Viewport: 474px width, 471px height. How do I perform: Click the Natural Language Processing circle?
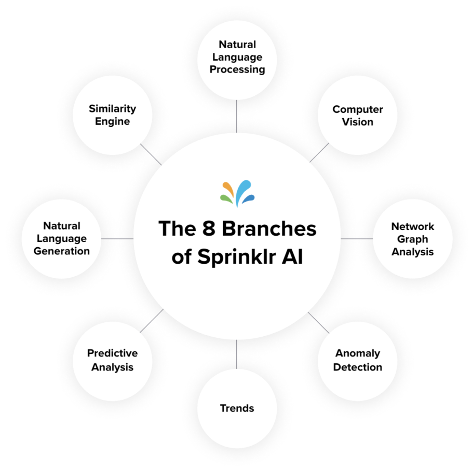pyautogui.click(x=237, y=58)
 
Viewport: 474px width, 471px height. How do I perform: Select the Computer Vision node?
pyautogui.click(x=358, y=116)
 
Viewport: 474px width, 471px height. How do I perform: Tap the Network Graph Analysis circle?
pyautogui.click(x=413, y=239)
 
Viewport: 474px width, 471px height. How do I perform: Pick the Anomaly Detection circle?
pyautogui.click(x=358, y=360)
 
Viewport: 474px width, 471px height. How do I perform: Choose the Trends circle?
pyautogui.click(x=237, y=408)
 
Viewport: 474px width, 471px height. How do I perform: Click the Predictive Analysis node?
pyautogui.click(x=112, y=360)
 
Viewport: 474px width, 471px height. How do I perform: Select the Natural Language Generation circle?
pyautogui.click(x=62, y=238)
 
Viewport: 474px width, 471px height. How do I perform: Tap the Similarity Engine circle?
pyautogui.click(x=112, y=115)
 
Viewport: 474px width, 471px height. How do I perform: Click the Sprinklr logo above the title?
pyautogui.click(x=237, y=193)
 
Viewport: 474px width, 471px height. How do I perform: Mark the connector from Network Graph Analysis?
pyautogui.click(x=357, y=238)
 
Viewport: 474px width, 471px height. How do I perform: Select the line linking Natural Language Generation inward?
pyautogui.click(x=117, y=238)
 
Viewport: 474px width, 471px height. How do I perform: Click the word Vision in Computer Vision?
pyautogui.click(x=358, y=122)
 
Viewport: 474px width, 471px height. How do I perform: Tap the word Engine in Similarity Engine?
pyautogui.click(x=112, y=122)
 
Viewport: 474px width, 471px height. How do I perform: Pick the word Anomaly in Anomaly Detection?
pyautogui.click(x=358, y=353)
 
